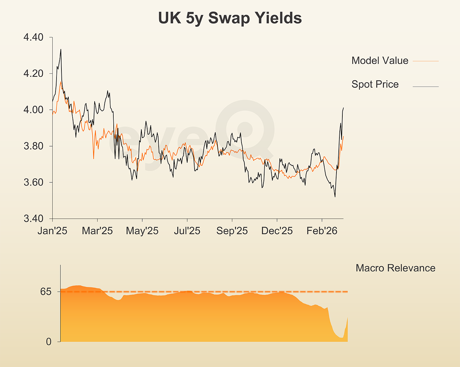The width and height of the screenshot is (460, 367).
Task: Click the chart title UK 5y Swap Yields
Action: coord(230,18)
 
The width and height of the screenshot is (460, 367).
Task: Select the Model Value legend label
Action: coord(379,60)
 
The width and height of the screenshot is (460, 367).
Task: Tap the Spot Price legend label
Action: coord(375,84)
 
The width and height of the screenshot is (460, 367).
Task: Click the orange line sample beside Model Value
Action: coord(425,61)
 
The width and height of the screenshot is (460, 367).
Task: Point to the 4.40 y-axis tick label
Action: coord(34,37)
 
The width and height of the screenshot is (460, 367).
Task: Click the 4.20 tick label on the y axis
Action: coord(34,73)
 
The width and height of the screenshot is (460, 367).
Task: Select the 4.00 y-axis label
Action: coord(34,110)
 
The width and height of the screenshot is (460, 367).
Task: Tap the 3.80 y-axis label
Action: coord(34,146)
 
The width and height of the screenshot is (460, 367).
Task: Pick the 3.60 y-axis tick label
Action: coord(34,182)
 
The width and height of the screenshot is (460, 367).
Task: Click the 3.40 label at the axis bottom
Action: coord(34,218)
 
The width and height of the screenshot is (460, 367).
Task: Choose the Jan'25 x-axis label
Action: coord(52,231)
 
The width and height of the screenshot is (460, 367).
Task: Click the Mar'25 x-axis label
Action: coord(97,231)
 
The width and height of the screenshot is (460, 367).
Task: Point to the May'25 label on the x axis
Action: coord(142,231)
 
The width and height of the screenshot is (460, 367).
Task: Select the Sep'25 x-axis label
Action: coord(232,231)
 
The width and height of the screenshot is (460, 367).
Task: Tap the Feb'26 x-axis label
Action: coord(322,231)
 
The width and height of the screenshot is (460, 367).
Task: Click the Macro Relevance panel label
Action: coord(395,268)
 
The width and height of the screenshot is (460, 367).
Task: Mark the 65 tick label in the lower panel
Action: coord(46,291)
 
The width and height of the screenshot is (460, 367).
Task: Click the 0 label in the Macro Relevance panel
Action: coord(49,342)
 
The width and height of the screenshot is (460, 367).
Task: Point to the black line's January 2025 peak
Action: coord(61,50)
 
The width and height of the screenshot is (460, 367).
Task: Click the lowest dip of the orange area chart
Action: coord(342,337)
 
